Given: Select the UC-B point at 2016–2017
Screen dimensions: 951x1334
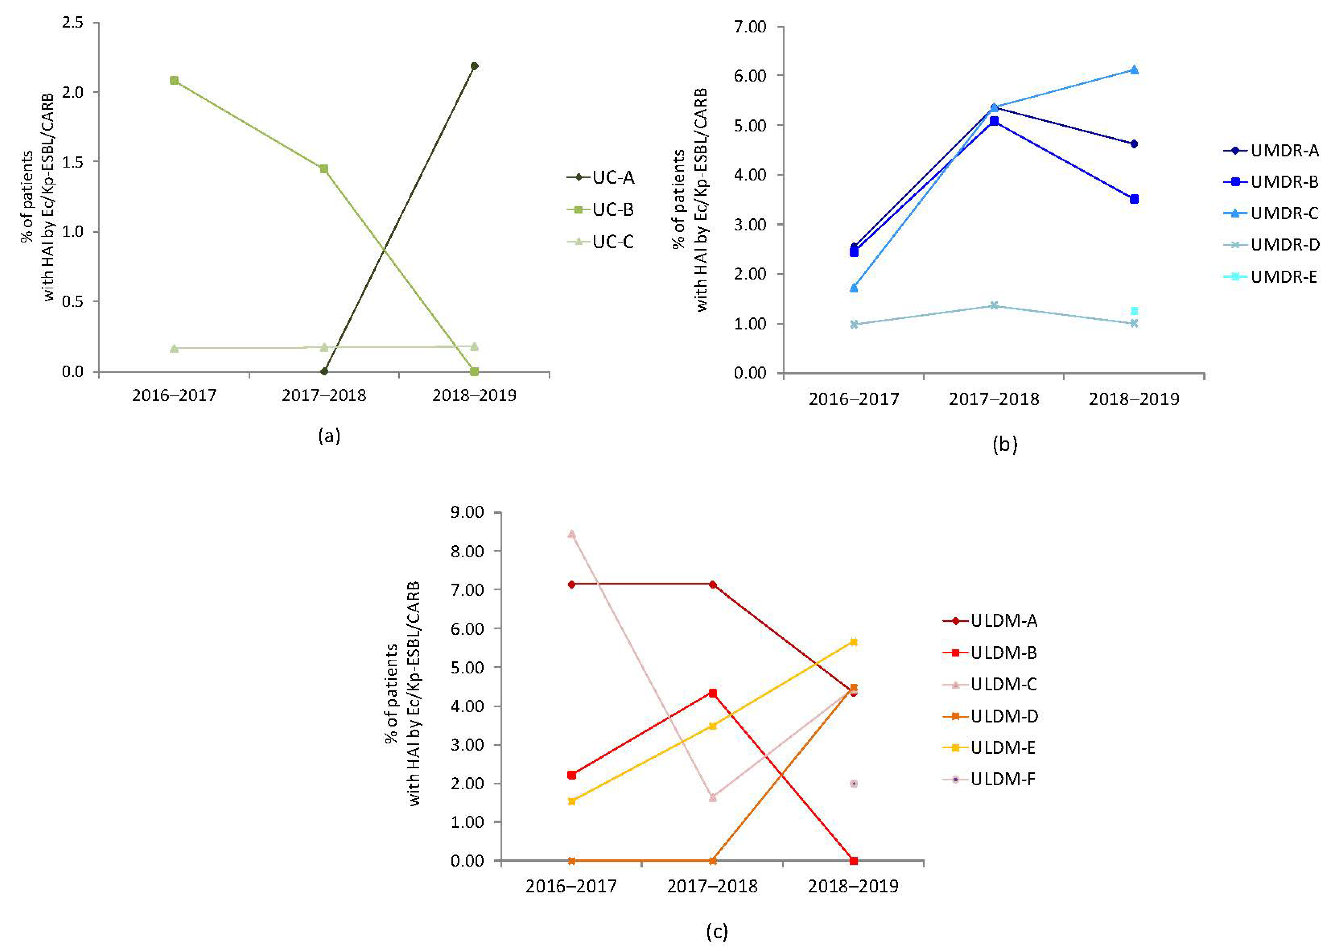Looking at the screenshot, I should (x=174, y=80).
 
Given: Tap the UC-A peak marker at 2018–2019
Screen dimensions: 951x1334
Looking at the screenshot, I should (x=474, y=66).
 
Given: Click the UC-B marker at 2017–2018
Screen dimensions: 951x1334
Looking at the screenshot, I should (x=324, y=169).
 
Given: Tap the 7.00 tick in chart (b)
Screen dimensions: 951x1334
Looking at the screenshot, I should (x=750, y=27).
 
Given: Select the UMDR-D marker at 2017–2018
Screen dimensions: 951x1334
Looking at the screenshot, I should (x=994, y=305).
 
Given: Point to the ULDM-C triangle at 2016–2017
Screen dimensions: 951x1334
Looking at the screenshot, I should (x=572, y=533).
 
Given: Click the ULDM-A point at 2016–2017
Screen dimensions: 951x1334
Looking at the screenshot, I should (x=572, y=584).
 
